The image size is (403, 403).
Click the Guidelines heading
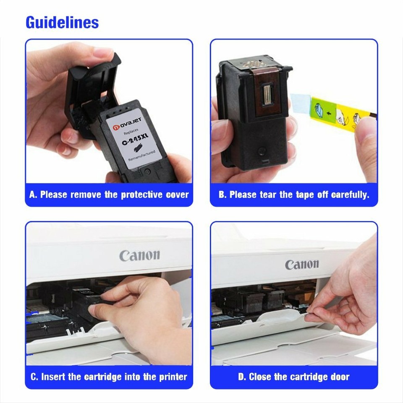62,22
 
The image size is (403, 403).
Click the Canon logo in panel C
139,255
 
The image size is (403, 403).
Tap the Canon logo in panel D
302,264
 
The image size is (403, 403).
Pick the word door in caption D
339,377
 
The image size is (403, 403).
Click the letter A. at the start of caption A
34,195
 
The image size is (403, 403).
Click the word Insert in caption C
53,377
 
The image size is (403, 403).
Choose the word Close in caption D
260,377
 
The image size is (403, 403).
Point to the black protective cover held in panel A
90,88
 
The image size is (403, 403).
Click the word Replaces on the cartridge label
130,132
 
